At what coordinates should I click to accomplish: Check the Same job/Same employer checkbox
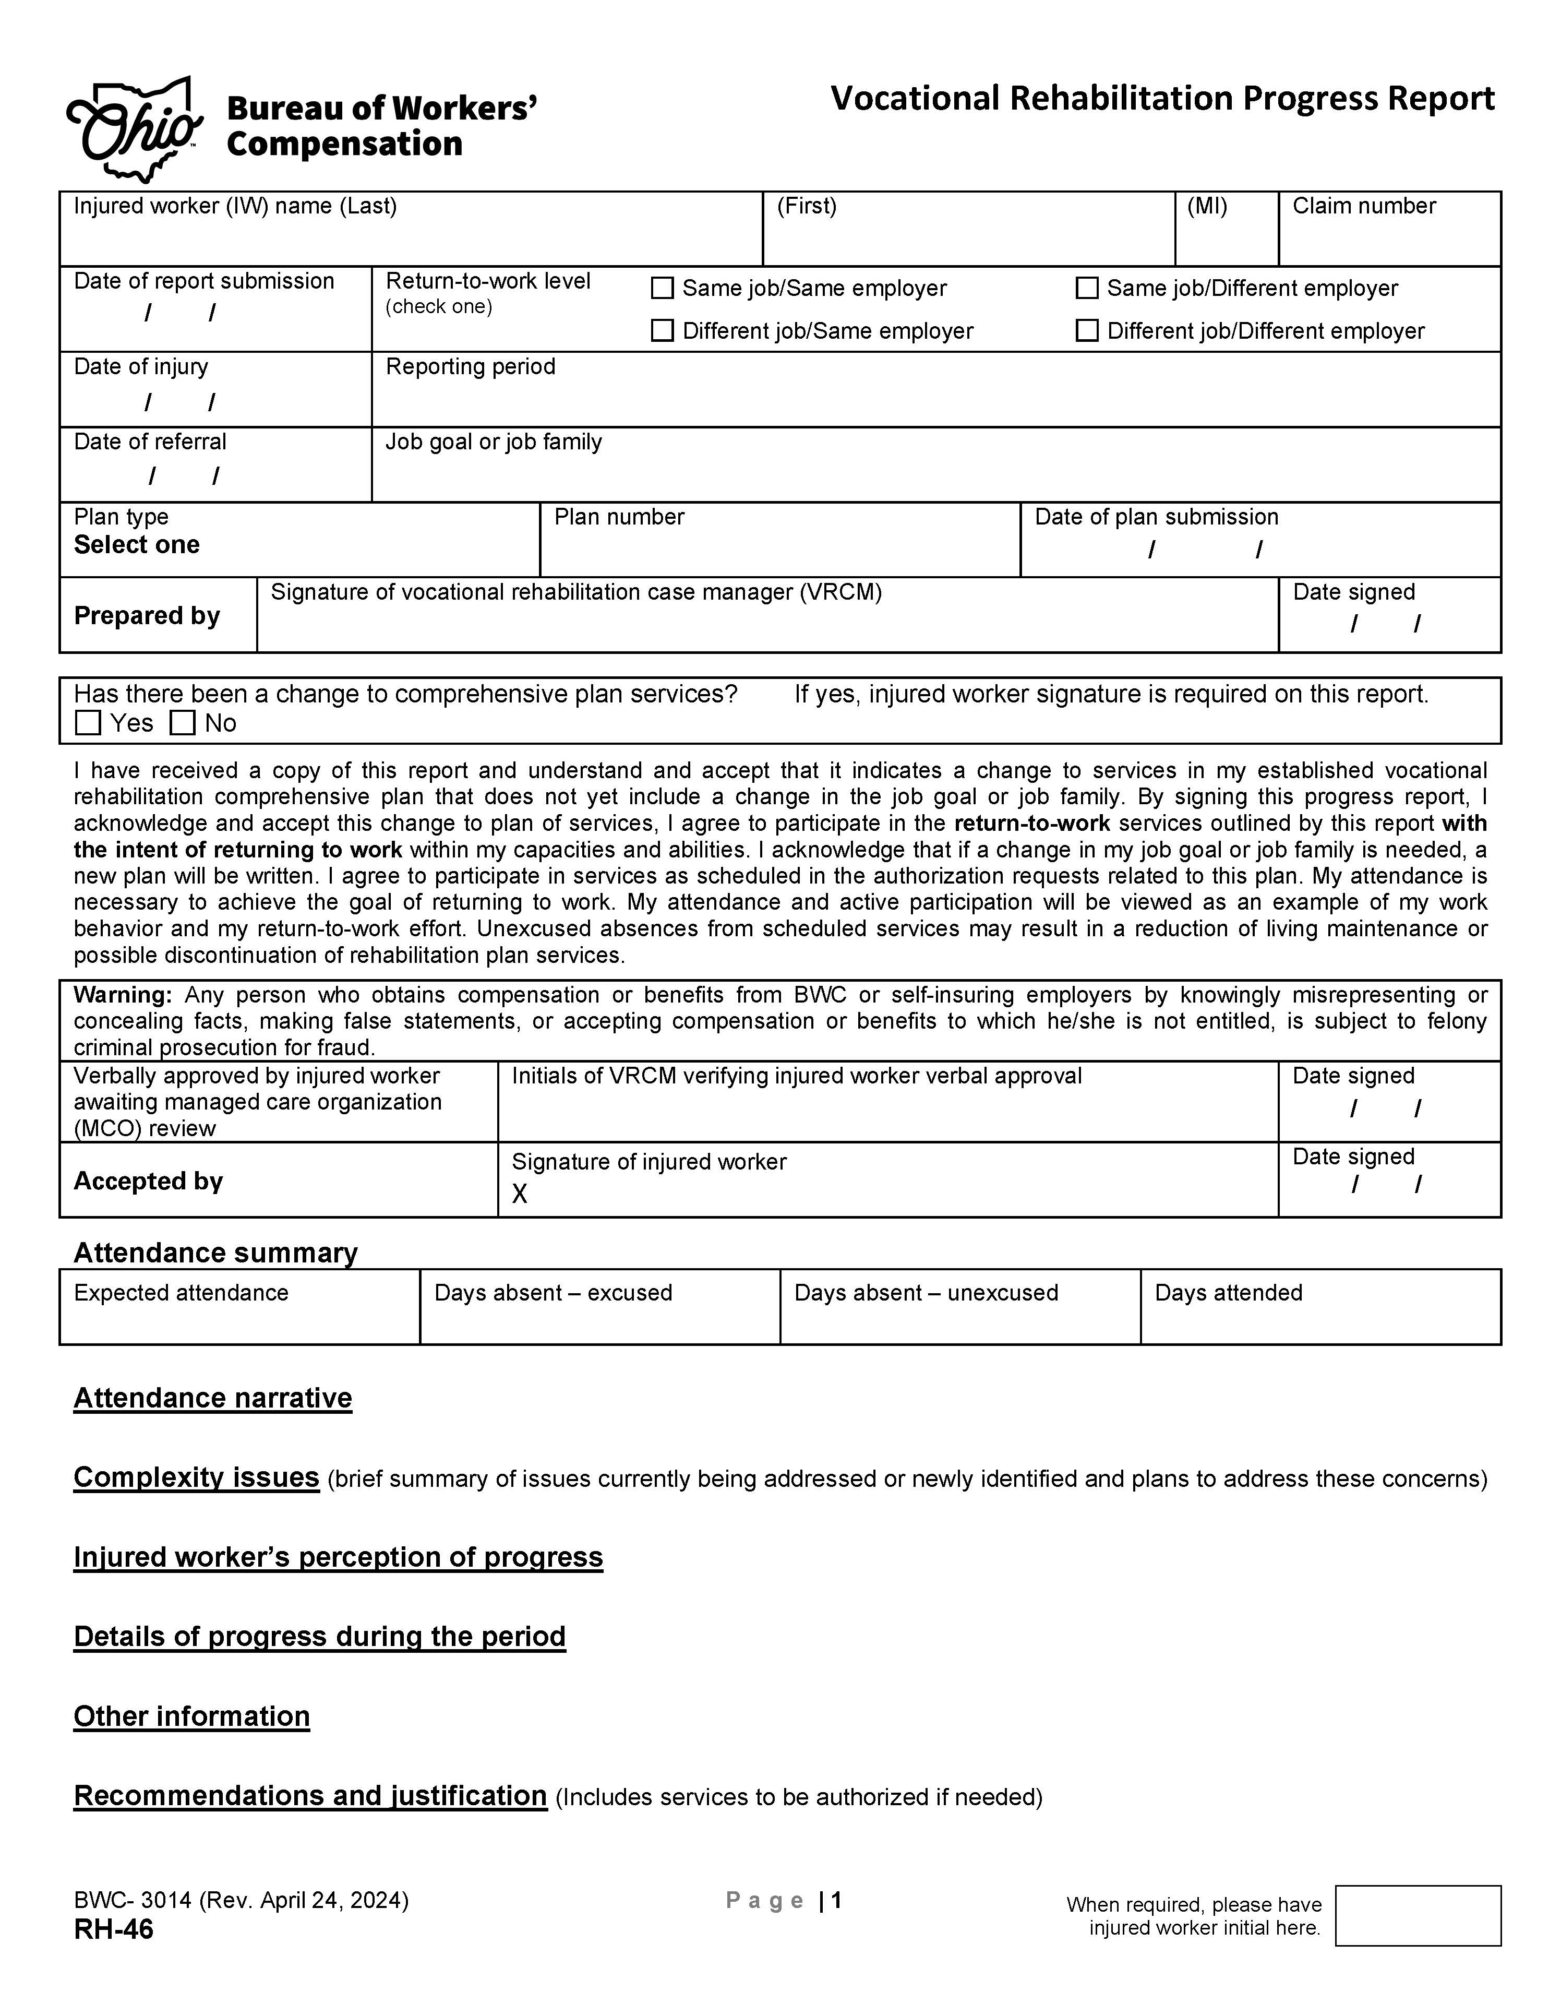click(663, 289)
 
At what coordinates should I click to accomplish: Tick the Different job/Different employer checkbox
click(1088, 331)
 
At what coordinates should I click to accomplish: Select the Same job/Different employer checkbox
click(1088, 289)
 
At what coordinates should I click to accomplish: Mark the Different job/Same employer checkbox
click(663, 331)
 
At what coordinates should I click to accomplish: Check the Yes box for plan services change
click(89, 723)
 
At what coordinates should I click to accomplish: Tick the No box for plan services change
click(183, 723)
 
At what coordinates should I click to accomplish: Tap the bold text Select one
click(137, 545)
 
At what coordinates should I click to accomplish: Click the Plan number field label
click(619, 517)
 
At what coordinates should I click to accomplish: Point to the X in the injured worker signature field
click(520, 1195)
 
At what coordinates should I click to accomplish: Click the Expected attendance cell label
click(181, 1293)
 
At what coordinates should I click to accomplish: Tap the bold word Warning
click(123, 995)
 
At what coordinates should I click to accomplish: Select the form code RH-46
click(114, 1929)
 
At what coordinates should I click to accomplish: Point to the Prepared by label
click(147, 615)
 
